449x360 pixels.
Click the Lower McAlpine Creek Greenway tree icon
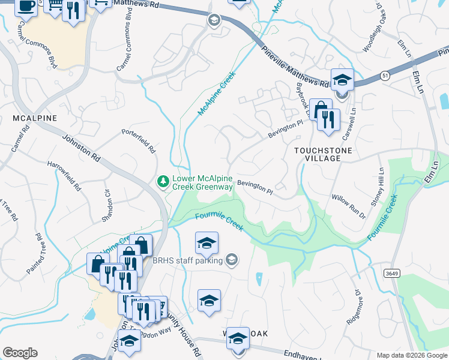tap(162, 181)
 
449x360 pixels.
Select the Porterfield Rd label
tap(139, 140)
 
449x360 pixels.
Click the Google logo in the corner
tap(20, 353)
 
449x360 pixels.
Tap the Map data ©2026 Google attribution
tap(411, 355)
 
